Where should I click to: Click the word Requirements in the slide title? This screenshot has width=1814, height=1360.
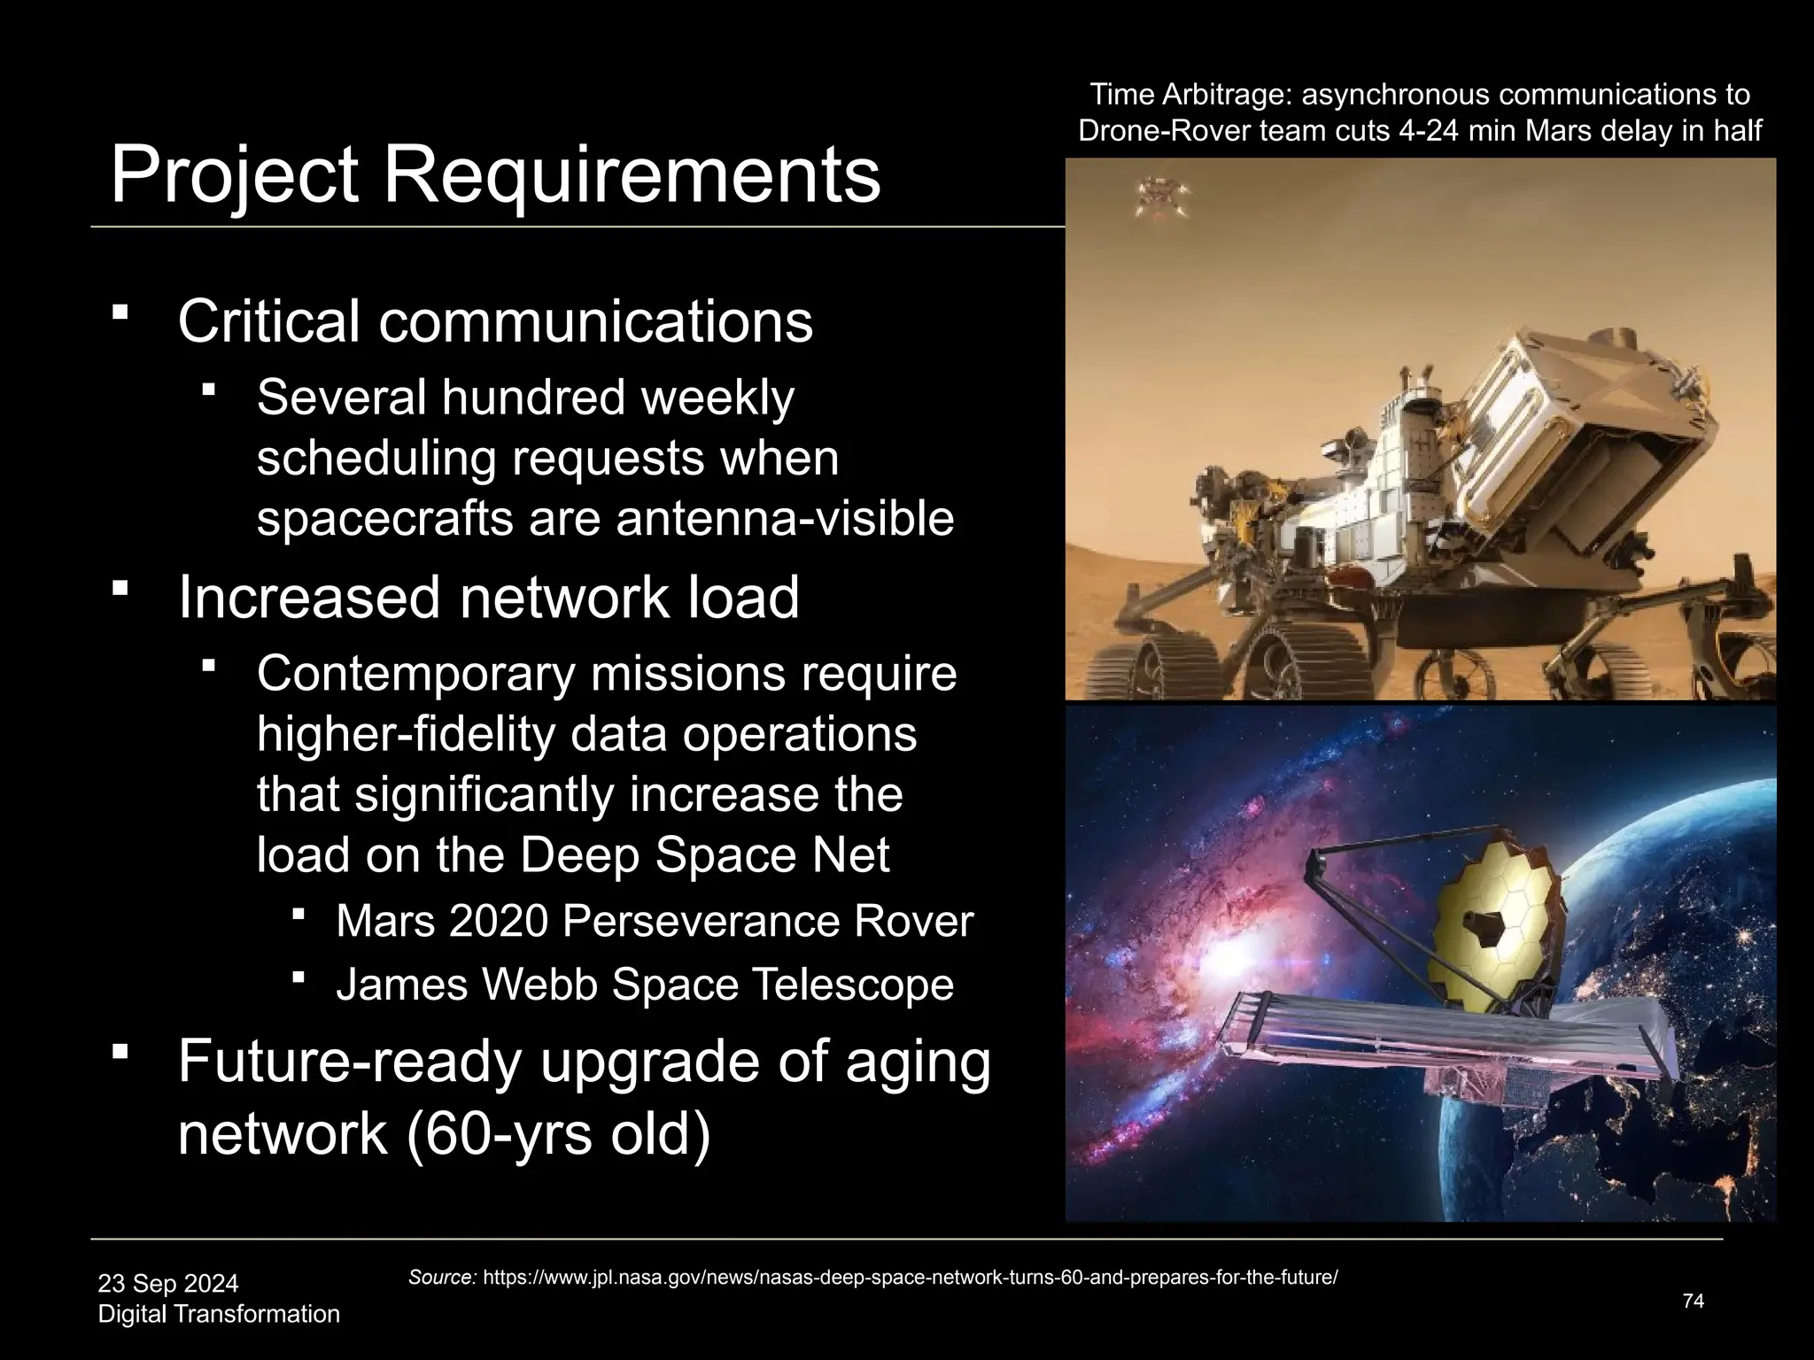click(631, 176)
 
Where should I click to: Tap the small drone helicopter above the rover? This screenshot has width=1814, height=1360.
click(1155, 196)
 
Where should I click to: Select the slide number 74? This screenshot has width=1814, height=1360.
click(1693, 1301)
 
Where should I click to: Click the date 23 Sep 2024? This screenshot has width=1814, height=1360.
click(168, 1283)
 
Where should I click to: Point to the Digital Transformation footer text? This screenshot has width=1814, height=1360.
click(219, 1314)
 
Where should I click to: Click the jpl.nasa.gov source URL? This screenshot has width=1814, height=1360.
click(910, 1278)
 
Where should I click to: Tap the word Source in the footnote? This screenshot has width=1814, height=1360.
click(443, 1278)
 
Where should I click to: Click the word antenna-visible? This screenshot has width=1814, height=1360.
click(785, 519)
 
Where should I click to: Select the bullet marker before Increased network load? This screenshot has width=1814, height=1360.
click(121, 588)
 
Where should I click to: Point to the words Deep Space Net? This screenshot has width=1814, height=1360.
click(704, 855)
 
